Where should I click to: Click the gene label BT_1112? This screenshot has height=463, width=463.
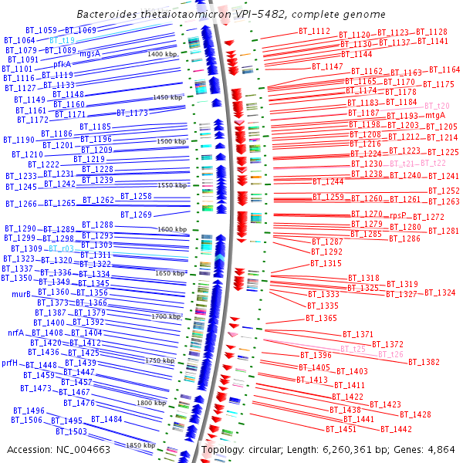(314, 31)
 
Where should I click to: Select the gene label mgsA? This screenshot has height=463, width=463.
(90, 53)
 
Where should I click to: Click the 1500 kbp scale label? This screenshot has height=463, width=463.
(171, 142)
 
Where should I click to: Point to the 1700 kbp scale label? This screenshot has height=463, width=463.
(165, 316)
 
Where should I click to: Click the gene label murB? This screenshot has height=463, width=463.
(21, 294)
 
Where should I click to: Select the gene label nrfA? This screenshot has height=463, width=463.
(16, 333)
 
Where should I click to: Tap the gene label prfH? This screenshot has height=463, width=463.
(10, 362)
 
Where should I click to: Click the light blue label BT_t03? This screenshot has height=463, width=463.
(62, 248)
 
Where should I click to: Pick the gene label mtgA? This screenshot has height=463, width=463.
(436, 115)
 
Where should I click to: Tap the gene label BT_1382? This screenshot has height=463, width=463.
(424, 361)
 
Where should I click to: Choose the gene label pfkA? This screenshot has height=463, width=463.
(63, 63)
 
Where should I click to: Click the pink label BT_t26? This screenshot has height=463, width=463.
(390, 354)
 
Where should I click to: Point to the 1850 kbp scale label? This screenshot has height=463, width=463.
(140, 446)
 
